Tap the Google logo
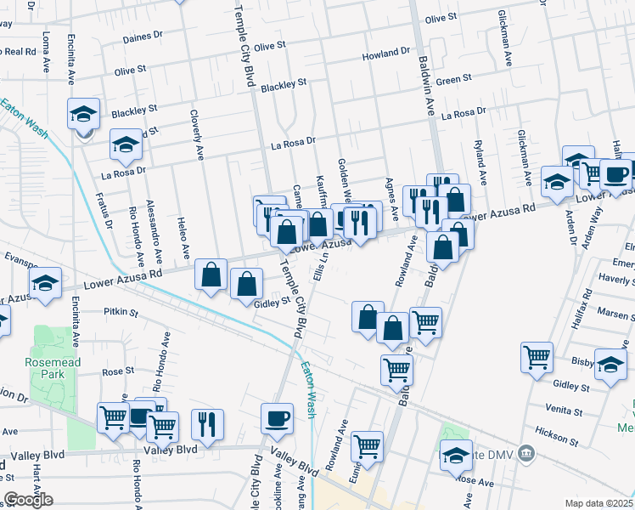(x=28, y=500)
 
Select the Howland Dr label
(x=386, y=54)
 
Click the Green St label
(x=454, y=79)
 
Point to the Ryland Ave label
(x=480, y=163)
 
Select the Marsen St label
(x=615, y=312)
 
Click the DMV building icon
(x=527, y=451)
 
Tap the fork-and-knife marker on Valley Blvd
(x=207, y=422)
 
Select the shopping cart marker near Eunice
(x=367, y=445)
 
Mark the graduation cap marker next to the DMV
(x=456, y=456)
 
